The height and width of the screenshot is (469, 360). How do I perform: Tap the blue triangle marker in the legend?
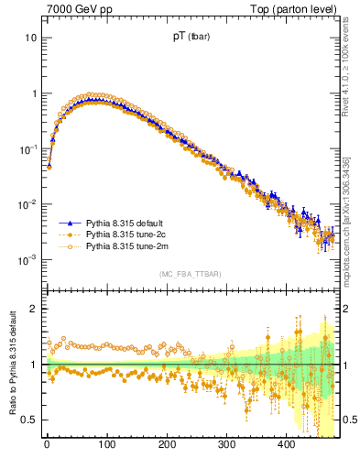point(69,223)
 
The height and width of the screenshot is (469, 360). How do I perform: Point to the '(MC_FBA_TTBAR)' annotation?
point(191,275)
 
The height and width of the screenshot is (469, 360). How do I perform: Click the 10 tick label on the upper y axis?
point(30,38)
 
